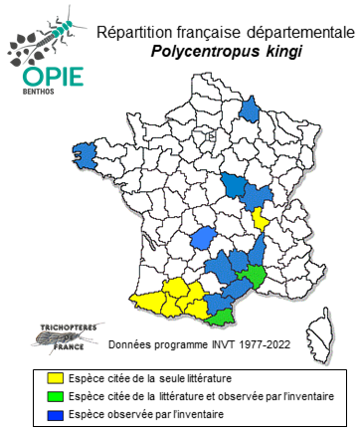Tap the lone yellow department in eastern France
point(262,218)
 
